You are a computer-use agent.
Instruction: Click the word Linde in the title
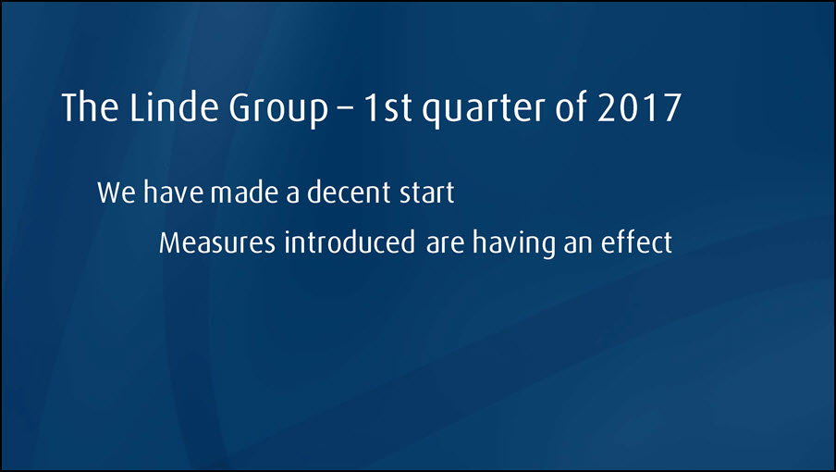coord(173,107)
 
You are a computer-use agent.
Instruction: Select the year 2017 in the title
coord(639,107)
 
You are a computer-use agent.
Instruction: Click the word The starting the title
coord(90,107)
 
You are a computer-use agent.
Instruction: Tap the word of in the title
coord(571,107)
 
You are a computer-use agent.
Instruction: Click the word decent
coord(350,192)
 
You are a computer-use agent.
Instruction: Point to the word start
coord(427,193)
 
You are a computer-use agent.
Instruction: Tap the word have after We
coord(173,192)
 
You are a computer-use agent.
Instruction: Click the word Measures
coord(217,242)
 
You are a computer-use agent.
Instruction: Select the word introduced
coord(350,242)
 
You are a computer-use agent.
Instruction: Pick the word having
coord(514,243)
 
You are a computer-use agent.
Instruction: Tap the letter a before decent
coord(293,194)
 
